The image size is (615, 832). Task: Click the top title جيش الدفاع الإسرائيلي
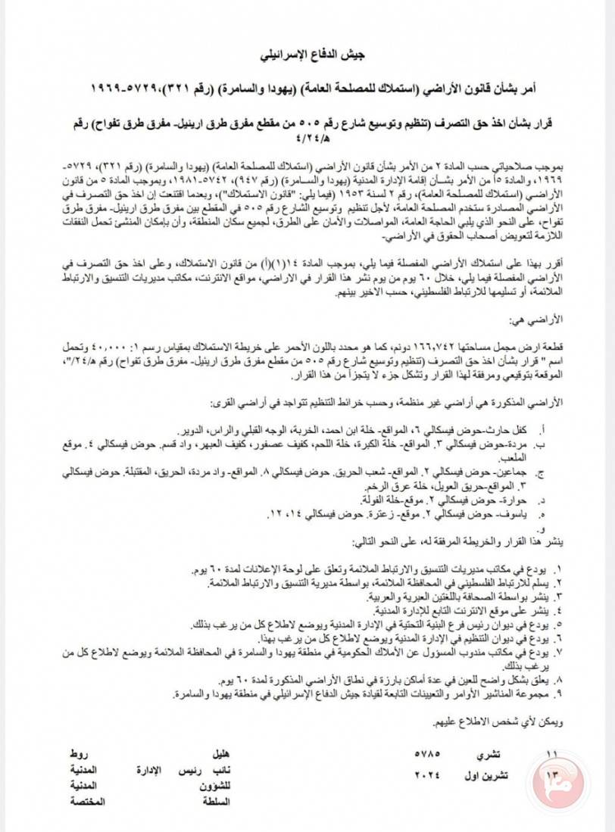(307, 57)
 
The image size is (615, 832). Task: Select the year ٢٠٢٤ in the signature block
(429, 775)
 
